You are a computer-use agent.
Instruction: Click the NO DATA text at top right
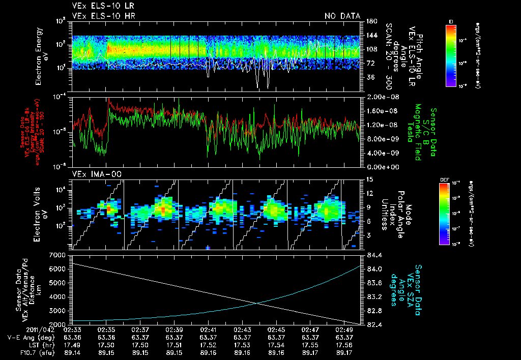[342, 16]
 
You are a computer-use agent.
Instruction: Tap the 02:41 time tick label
[208, 329]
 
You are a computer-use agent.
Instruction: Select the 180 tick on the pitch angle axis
[371, 21]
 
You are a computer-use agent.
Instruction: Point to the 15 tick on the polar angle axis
[369, 179]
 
